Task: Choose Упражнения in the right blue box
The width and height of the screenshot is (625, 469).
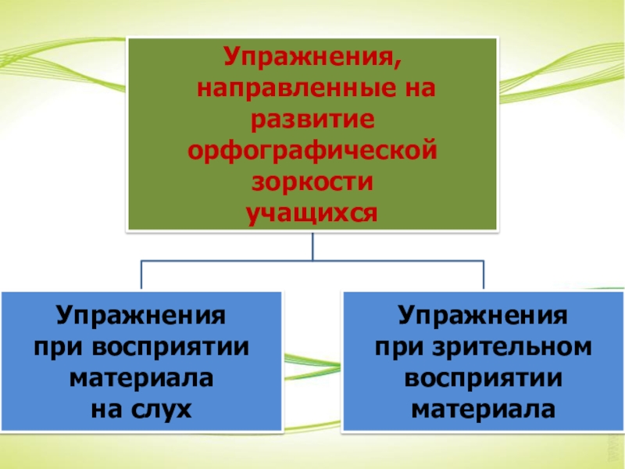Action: click(482, 316)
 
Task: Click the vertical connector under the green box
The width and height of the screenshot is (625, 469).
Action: click(312, 245)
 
